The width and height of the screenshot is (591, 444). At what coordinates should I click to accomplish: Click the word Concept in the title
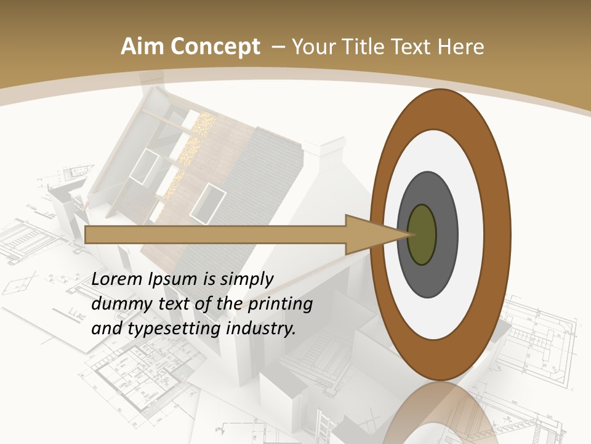(215, 47)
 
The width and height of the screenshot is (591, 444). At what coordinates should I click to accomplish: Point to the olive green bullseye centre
(422, 234)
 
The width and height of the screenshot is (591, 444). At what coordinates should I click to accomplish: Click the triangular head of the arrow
(376, 234)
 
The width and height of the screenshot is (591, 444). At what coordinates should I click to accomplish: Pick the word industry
(260, 329)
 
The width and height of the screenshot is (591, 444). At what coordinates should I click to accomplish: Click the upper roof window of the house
(143, 165)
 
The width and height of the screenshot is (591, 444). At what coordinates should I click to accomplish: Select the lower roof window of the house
(207, 203)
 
